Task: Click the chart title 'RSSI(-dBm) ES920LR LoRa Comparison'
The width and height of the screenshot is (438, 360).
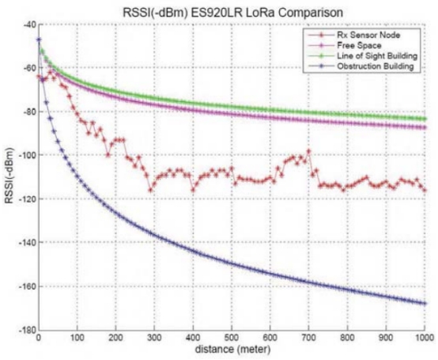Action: [x=232, y=13]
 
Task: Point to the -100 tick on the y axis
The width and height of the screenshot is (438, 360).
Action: [x=27, y=155]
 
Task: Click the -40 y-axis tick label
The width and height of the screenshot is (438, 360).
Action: [x=29, y=25]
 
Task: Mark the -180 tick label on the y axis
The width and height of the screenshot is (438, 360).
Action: [x=27, y=330]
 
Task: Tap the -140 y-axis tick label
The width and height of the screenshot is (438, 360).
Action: [x=27, y=242]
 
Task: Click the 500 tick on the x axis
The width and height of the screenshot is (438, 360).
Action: [x=232, y=338]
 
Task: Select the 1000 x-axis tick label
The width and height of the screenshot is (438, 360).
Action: [x=425, y=338]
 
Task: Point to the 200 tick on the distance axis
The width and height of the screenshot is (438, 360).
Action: [x=116, y=338]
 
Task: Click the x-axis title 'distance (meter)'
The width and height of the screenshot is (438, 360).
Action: [x=232, y=350]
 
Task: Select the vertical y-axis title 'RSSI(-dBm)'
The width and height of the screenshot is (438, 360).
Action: [x=9, y=175]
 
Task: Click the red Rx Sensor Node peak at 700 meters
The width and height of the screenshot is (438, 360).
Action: [x=308, y=151]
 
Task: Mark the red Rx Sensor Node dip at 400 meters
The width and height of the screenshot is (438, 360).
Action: [x=193, y=190]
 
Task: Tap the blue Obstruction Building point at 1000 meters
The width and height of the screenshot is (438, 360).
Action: [x=425, y=304]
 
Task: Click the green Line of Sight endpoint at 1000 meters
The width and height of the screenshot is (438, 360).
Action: [x=425, y=119]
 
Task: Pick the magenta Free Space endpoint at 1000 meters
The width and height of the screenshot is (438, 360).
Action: [x=425, y=127]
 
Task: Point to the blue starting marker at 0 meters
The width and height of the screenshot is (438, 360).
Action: [x=39, y=40]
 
